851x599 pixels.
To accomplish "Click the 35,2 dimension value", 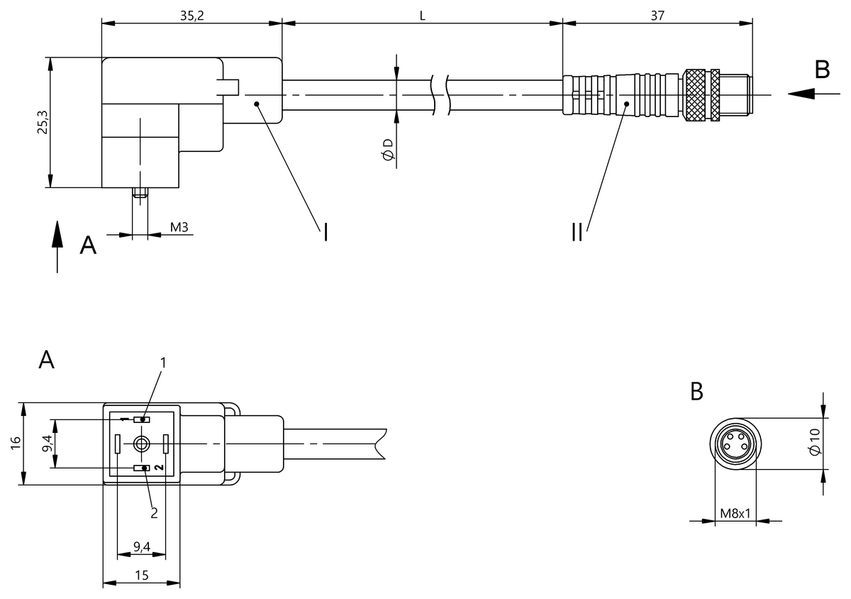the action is tap(192, 16).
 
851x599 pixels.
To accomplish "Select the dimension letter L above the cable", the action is tap(422, 16).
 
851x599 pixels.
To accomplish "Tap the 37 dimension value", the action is tap(657, 16).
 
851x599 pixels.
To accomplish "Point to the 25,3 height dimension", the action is tap(43, 122).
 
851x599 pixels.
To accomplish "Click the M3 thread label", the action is tap(179, 227).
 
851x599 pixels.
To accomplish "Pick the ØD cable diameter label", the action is tap(388, 150).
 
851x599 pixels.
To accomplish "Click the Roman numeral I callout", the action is tap(326, 232).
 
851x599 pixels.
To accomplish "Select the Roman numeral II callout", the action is tap(577, 232).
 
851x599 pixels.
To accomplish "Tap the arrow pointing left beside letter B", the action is tap(813, 94).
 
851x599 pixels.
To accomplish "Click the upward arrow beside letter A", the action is tap(57, 246).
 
